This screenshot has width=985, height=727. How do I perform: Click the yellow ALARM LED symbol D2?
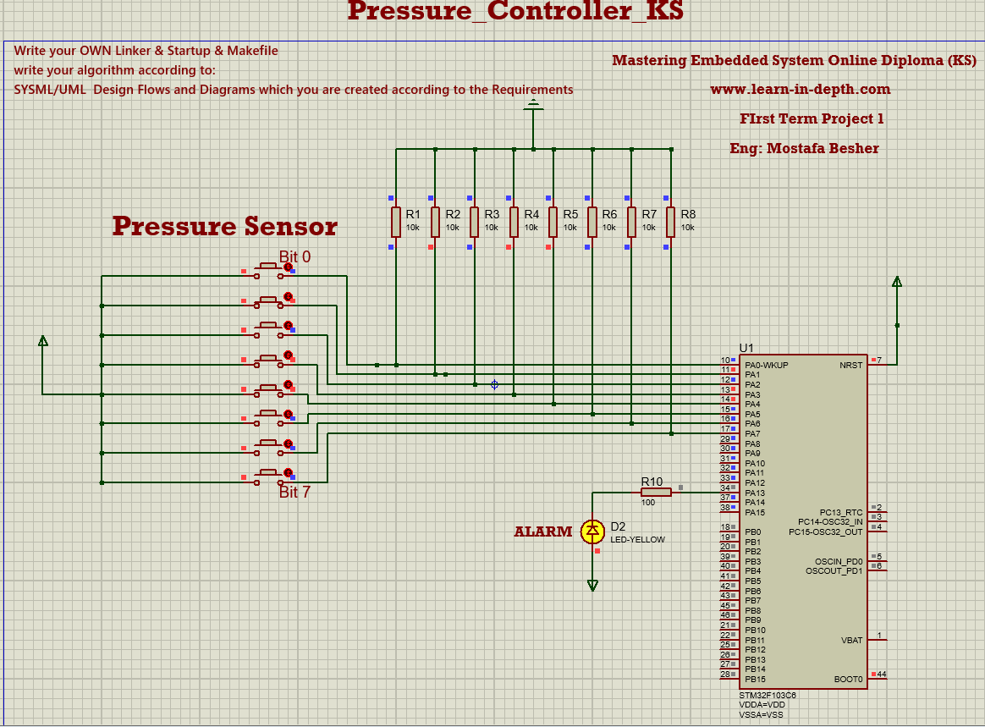pyautogui.click(x=592, y=531)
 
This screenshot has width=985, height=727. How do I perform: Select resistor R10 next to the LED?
pyautogui.click(x=656, y=492)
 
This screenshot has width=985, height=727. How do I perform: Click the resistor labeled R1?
pyautogui.click(x=395, y=222)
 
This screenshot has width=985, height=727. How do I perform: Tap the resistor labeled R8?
pyautogui.click(x=670, y=222)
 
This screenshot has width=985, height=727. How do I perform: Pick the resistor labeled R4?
pyautogui.click(x=514, y=222)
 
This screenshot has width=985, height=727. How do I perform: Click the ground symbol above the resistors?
pyautogui.click(x=533, y=106)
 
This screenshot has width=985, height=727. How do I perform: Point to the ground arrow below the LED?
pyautogui.click(x=592, y=585)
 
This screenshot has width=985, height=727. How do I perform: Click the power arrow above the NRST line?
pyautogui.click(x=897, y=282)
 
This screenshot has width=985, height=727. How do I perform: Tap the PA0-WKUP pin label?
pyautogui.click(x=767, y=366)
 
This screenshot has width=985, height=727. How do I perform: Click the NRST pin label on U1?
pyautogui.click(x=851, y=366)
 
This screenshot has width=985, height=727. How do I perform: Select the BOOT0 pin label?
pyautogui.click(x=849, y=680)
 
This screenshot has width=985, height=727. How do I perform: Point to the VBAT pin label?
pyautogui.click(x=851, y=641)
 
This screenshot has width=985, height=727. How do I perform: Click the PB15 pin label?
pyautogui.click(x=755, y=680)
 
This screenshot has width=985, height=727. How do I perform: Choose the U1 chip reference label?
pyautogui.click(x=746, y=348)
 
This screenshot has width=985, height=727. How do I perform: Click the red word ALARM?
pyautogui.click(x=543, y=531)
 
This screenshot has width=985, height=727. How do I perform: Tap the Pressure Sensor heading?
pyautogui.click(x=224, y=226)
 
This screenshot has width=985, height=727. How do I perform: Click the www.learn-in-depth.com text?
pyautogui.click(x=800, y=90)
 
